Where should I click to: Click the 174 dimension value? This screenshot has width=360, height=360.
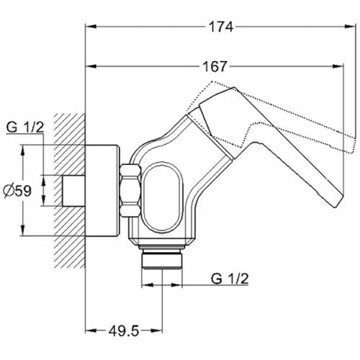tap(221, 27)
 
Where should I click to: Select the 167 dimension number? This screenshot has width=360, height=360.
tap(215, 66)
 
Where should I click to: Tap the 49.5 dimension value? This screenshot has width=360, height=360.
tap(124, 331)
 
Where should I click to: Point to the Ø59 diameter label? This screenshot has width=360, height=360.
tap(17, 192)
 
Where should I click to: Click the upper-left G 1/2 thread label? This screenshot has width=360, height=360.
tap(25, 127)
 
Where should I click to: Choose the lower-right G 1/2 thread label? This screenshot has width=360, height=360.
tap(230, 279)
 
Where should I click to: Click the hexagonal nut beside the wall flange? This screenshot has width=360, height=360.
tap(130, 191)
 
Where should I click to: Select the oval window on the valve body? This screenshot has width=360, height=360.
tap(163, 197)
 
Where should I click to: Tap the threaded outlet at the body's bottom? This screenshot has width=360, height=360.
tap(161, 259)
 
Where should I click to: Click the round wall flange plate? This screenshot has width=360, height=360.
tap(102, 191)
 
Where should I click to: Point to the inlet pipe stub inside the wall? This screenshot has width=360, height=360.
tap(73, 191)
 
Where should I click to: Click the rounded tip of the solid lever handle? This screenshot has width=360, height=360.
tap(338, 203)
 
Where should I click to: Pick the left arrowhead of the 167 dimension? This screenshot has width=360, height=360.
tap(91, 66)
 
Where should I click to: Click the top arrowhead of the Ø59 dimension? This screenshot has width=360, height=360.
tap(23, 150)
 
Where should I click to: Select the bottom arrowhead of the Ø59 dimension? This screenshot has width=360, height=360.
tap(23, 230)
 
